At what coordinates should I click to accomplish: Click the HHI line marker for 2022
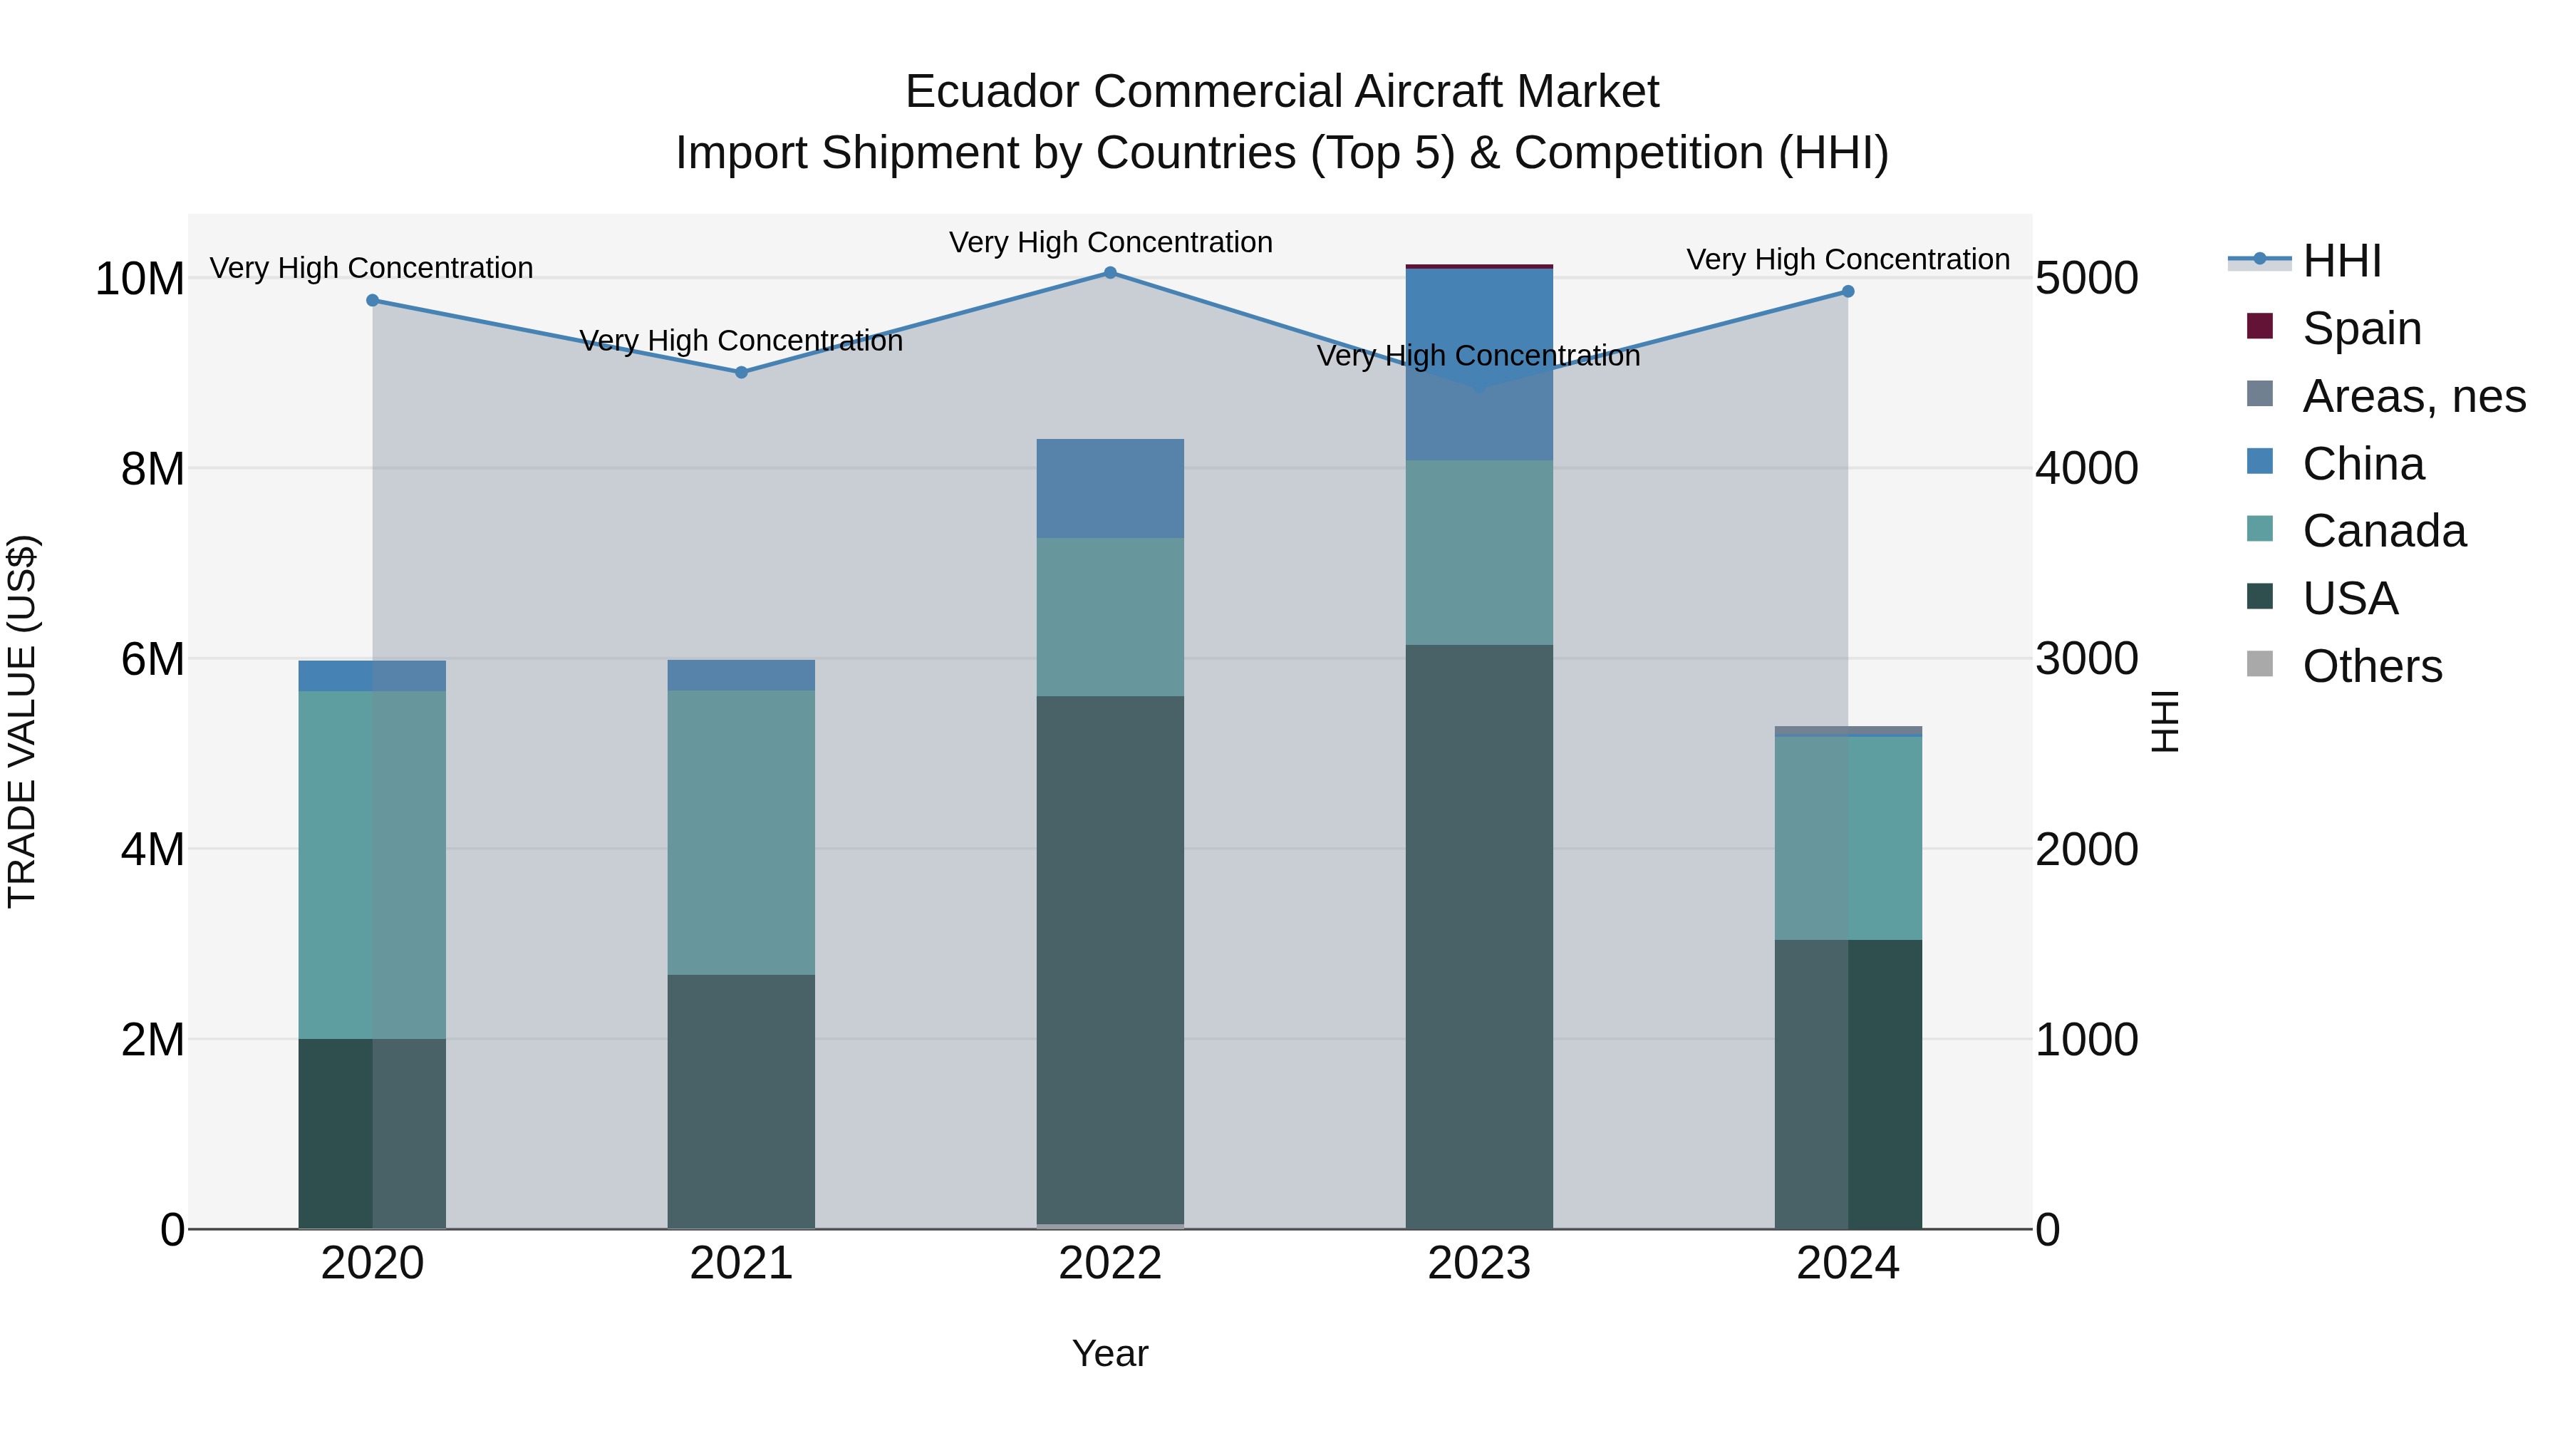[1110, 273]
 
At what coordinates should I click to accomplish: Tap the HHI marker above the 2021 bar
[741, 373]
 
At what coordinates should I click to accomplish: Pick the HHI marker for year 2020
[373, 300]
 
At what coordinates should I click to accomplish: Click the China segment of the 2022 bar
[1110, 488]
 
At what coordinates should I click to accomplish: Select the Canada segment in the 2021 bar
[741, 832]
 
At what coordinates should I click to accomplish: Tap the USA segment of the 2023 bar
[1478, 936]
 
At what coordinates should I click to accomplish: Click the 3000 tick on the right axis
[2086, 659]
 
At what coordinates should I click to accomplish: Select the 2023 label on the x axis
[1478, 1263]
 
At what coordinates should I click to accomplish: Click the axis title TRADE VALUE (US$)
[22, 721]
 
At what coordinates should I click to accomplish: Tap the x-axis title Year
[1110, 1353]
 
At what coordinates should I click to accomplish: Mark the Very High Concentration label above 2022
[1110, 242]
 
